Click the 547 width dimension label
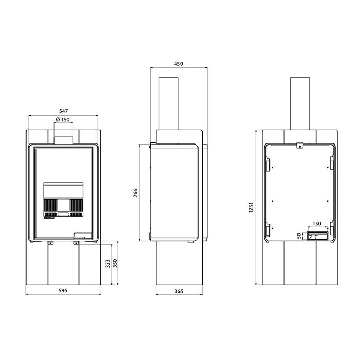pyautogui.click(x=63, y=111)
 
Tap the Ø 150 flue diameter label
pyautogui.click(x=63, y=120)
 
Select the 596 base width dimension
pyautogui.click(x=63, y=290)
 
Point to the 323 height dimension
pyautogui.click(x=107, y=264)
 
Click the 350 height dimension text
pyautogui.click(x=115, y=263)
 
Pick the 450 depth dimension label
pyautogui.click(x=178, y=64)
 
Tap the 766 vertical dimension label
pyautogui.click(x=135, y=193)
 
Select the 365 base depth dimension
pyautogui.click(x=179, y=291)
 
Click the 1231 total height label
pyautogui.click(x=251, y=207)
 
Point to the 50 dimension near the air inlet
pyautogui.click(x=299, y=236)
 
